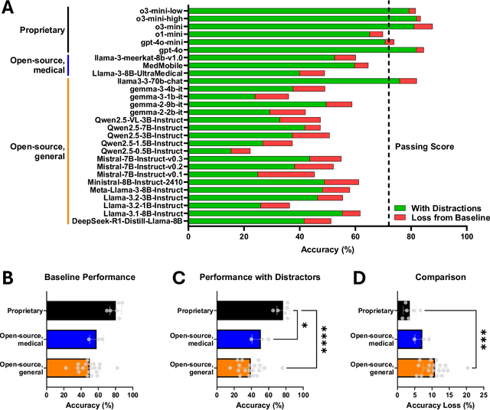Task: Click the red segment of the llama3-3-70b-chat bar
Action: click(x=408, y=80)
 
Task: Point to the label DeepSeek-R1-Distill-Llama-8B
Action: click(x=128, y=221)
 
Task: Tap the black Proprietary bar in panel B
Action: click(x=80, y=311)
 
